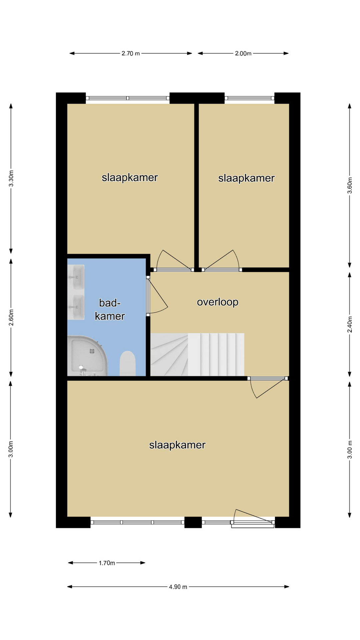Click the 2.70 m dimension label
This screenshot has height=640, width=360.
click(131, 53)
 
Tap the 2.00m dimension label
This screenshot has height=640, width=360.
click(243, 53)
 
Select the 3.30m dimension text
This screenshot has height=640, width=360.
click(11, 179)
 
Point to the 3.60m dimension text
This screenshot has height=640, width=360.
click(350, 185)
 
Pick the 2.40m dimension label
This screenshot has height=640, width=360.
click(350, 324)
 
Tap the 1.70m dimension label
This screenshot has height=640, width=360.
click(107, 563)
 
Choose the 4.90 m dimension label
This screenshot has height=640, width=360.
click(178, 587)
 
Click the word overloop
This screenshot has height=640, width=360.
click(218, 302)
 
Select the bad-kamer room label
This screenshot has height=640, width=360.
click(110, 309)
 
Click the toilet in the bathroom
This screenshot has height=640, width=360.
click(127, 363)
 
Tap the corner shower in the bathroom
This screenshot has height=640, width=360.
click(87, 356)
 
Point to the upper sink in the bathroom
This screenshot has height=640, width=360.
click(76, 277)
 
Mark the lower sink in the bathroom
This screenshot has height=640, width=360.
click(76, 307)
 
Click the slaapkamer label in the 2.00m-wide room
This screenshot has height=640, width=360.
click(246, 178)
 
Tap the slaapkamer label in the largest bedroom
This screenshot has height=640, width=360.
click(177, 445)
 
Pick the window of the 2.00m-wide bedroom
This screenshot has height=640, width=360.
click(249, 98)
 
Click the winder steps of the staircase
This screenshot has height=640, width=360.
click(169, 355)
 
